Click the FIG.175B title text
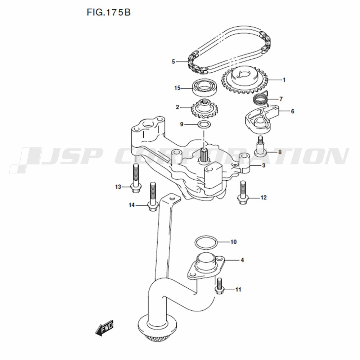tap(109, 12)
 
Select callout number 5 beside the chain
tap(174, 62)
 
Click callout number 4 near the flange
tap(242, 260)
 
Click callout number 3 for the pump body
tap(264, 165)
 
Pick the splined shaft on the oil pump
tap(204, 154)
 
